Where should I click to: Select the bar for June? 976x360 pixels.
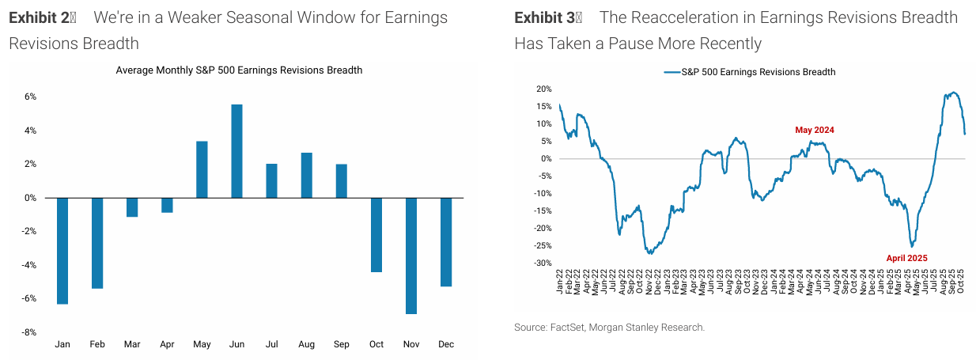coord(236,151)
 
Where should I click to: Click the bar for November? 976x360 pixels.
coord(411,256)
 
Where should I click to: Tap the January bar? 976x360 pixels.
coord(62,251)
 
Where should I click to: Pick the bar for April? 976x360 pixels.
coord(167,205)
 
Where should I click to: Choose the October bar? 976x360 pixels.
coord(376,235)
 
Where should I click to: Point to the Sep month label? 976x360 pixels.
coord(341,345)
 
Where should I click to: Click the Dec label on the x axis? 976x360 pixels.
coord(446,345)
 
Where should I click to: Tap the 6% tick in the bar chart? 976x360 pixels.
coord(31,97)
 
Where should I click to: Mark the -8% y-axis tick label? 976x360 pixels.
coord(29,332)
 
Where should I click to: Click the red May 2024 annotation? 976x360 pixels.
coord(815,130)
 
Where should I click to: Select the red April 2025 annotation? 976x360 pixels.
coord(906,258)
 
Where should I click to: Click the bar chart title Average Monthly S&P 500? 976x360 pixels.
coord(239,70)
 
